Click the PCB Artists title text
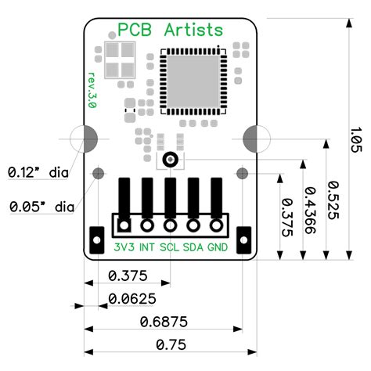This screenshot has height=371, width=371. pos(170,31)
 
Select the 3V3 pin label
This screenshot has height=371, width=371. pos(124,247)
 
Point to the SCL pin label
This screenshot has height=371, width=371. pos(169,247)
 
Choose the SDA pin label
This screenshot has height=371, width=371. pos(193,247)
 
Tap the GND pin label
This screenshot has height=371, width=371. pos(218,247)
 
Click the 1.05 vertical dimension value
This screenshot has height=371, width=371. pos(356,138)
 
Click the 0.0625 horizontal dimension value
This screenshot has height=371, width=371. pos(131,298)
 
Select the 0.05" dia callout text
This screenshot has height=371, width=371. pos(41,207)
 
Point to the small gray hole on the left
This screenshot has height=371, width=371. pos(99,173)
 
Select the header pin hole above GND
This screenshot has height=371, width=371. pos(218,225)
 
